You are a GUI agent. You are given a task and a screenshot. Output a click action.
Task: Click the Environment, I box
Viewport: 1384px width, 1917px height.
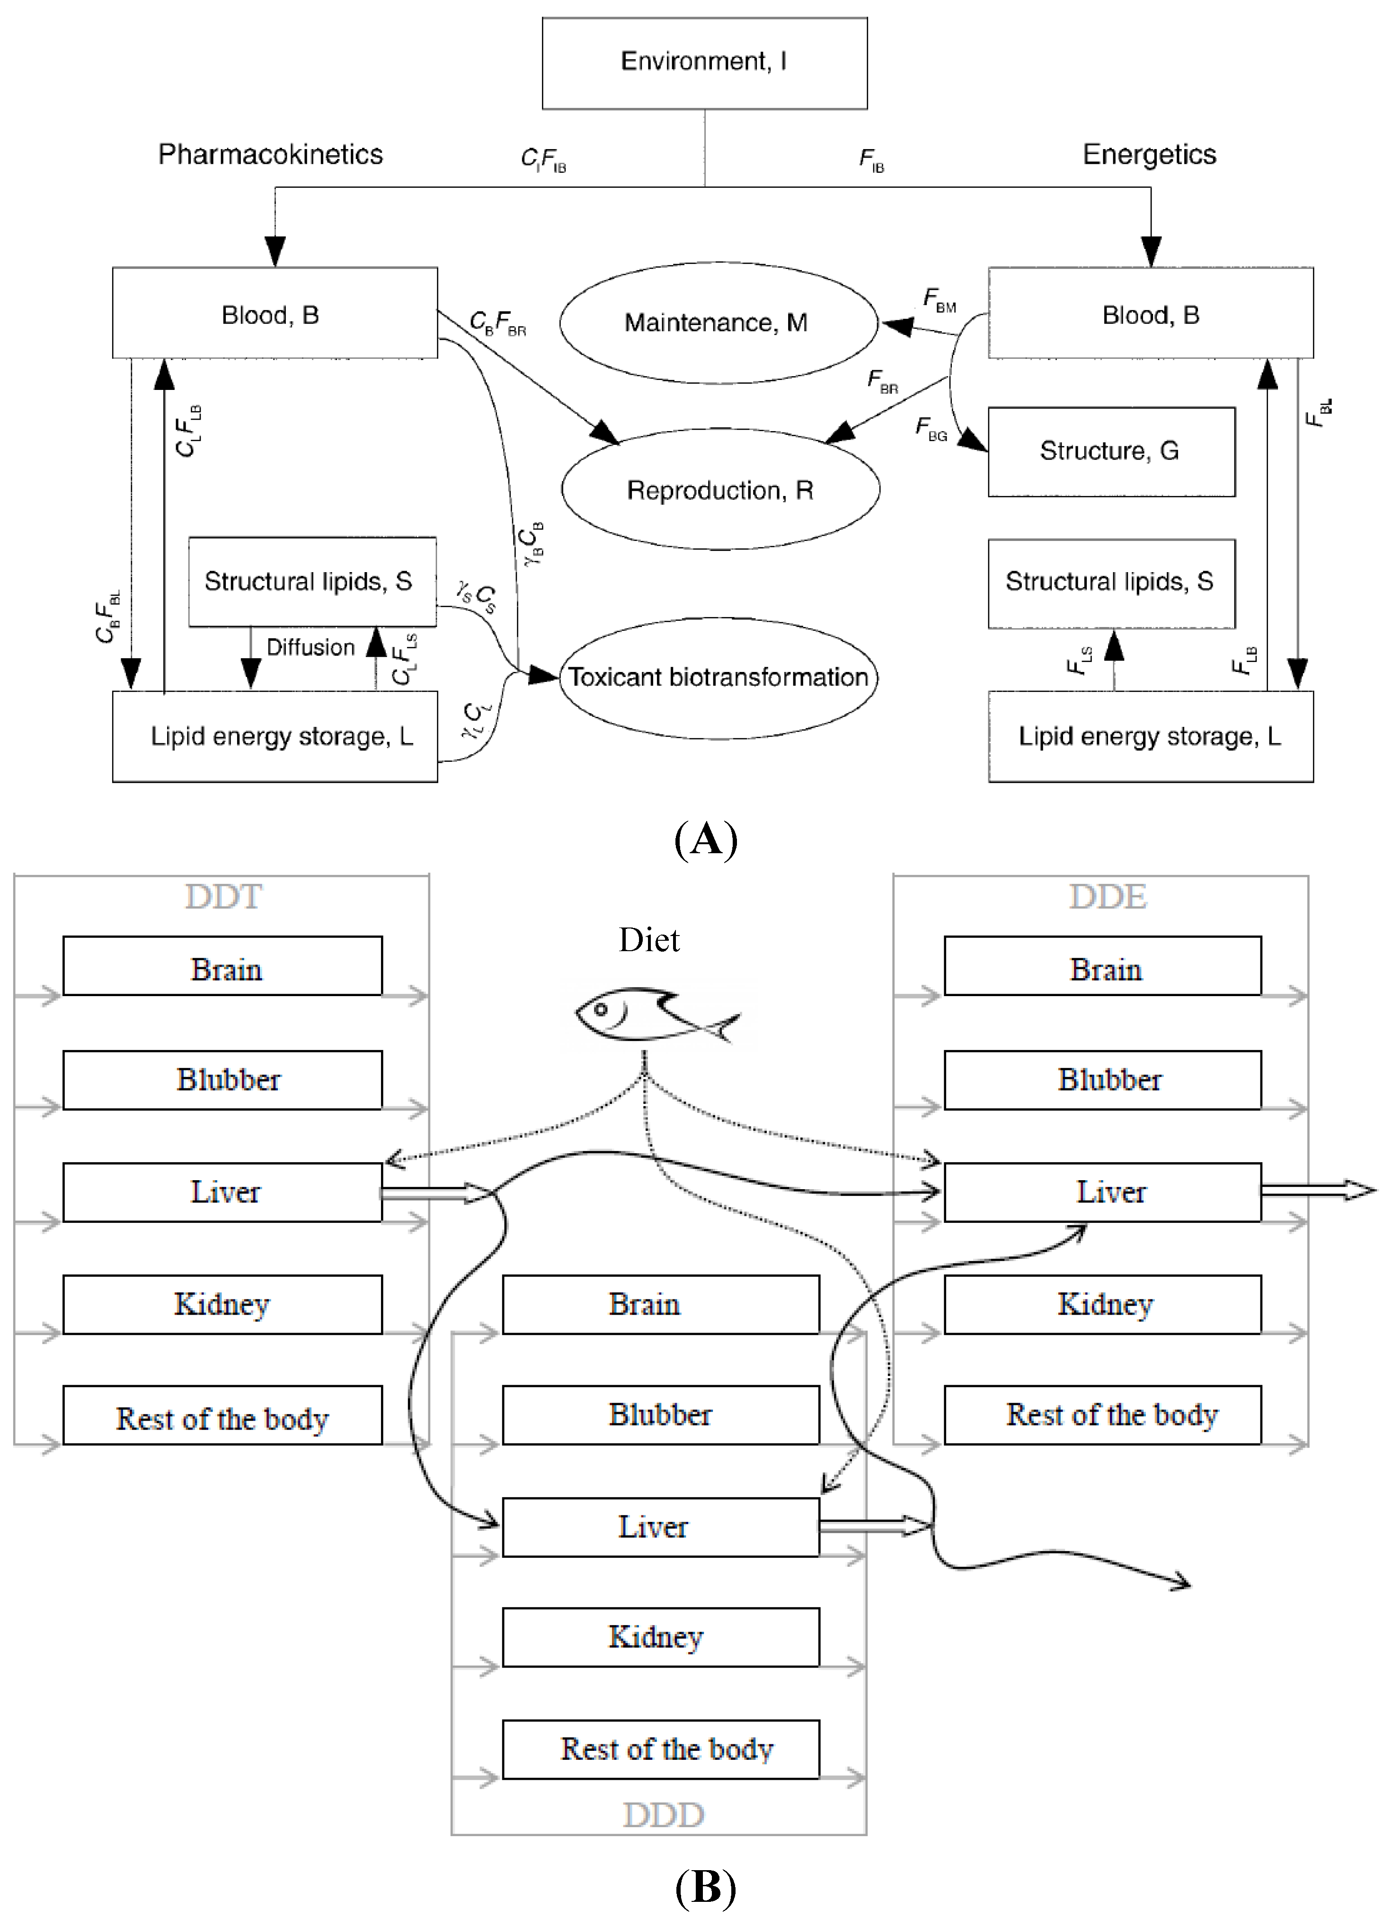click(704, 63)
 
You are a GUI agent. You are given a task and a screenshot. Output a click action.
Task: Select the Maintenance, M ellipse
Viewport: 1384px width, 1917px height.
click(719, 322)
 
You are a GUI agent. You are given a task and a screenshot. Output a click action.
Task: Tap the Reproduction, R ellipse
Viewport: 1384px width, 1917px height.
click(720, 489)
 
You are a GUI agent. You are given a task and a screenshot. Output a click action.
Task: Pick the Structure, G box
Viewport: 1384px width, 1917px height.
click(1111, 451)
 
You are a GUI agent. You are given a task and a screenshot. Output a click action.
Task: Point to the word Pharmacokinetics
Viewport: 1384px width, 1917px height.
click(271, 155)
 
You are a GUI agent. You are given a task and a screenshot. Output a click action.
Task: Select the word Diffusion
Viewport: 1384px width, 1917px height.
click(311, 647)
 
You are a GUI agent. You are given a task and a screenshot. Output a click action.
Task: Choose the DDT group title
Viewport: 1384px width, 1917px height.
click(223, 896)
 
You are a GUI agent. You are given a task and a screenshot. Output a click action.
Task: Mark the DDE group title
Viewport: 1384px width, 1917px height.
click(1108, 896)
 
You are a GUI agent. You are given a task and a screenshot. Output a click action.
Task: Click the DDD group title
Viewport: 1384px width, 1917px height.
click(664, 1815)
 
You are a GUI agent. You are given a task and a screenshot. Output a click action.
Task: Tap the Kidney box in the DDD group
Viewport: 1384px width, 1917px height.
click(661, 1637)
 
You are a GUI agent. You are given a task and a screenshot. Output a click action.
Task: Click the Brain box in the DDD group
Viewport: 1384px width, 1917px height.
click(661, 1304)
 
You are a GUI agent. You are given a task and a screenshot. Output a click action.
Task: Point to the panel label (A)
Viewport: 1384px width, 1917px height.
click(706, 840)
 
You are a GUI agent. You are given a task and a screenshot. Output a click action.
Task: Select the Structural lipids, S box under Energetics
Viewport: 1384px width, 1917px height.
click(1111, 583)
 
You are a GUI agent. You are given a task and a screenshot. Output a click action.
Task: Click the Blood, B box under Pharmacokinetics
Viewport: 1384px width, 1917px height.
click(275, 313)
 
